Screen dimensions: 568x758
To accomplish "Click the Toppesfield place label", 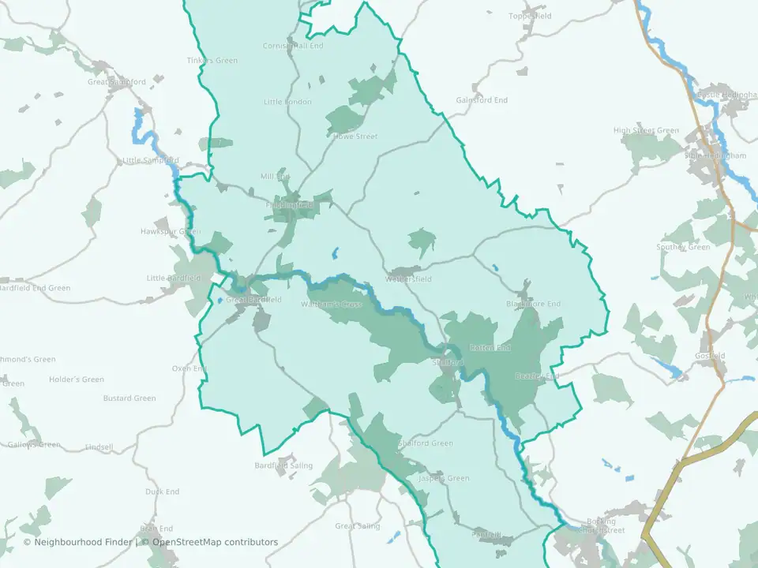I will click(530, 16).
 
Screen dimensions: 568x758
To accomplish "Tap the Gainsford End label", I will click(482, 100).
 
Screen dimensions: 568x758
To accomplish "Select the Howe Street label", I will click(355, 136).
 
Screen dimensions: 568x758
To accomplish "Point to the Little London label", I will click(287, 102).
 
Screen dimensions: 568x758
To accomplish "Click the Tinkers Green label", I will click(212, 60).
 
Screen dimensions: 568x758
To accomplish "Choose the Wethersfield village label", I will click(408, 279).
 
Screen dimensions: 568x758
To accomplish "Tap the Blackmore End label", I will click(533, 304).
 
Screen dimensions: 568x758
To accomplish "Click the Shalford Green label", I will click(426, 443).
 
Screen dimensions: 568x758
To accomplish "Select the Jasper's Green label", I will click(443, 478).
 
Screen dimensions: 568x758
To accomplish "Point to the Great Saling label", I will click(357, 526).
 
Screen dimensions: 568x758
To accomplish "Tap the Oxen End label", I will click(189, 368).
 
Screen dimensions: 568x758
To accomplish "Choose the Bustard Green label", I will click(129, 398).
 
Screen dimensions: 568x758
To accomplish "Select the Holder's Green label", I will click(77, 379).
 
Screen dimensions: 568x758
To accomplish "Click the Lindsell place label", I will click(99, 447).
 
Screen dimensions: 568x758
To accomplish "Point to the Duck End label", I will click(162, 491).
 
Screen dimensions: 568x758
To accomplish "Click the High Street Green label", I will click(646, 130).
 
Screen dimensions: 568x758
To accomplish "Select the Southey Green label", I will click(683, 247).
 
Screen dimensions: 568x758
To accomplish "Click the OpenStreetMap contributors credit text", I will click(215, 542).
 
